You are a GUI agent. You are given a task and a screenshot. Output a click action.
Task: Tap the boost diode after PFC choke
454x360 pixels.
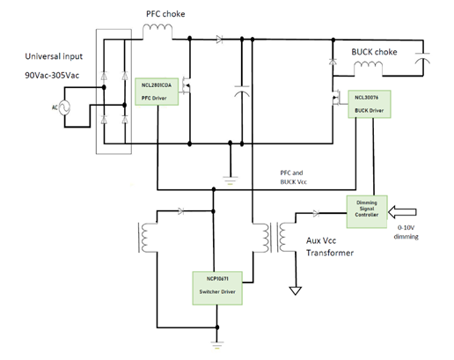coord(219,40)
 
